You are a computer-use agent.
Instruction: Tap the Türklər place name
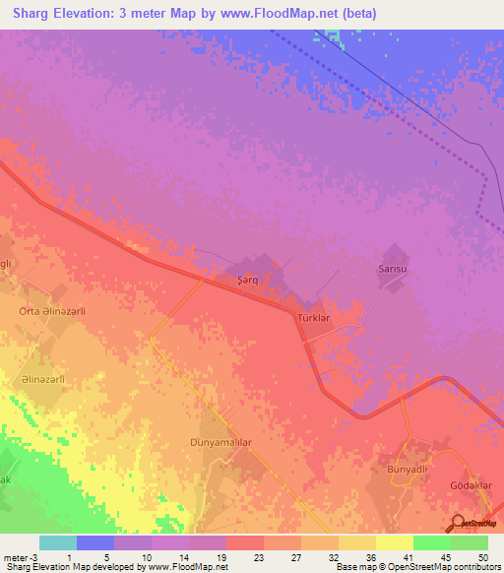tap(318, 319)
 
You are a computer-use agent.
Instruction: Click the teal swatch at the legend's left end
tap(58, 542)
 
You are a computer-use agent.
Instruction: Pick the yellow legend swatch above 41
tap(395, 542)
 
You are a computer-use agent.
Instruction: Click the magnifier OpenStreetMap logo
tap(458, 524)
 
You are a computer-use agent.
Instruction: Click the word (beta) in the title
tap(356, 14)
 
